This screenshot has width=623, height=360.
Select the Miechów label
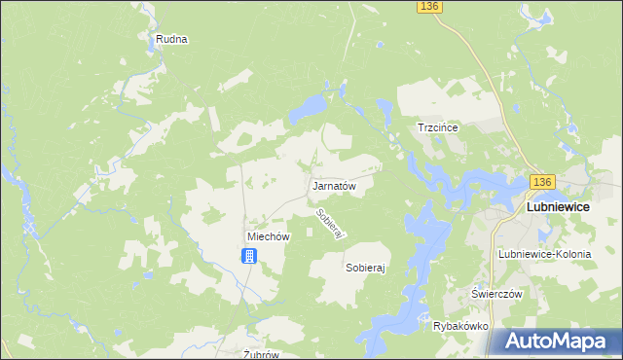pos(269,236)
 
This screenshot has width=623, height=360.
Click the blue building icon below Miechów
pos(250,256)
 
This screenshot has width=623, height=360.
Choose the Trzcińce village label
pos(437,127)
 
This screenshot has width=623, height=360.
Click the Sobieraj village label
pos(366,266)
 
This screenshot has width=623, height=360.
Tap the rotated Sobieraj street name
pos(331,224)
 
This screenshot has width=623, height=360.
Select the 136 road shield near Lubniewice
pos(542,182)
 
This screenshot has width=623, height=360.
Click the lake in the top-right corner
pos(539,15)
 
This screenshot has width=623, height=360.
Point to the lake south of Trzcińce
pos(458,180)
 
